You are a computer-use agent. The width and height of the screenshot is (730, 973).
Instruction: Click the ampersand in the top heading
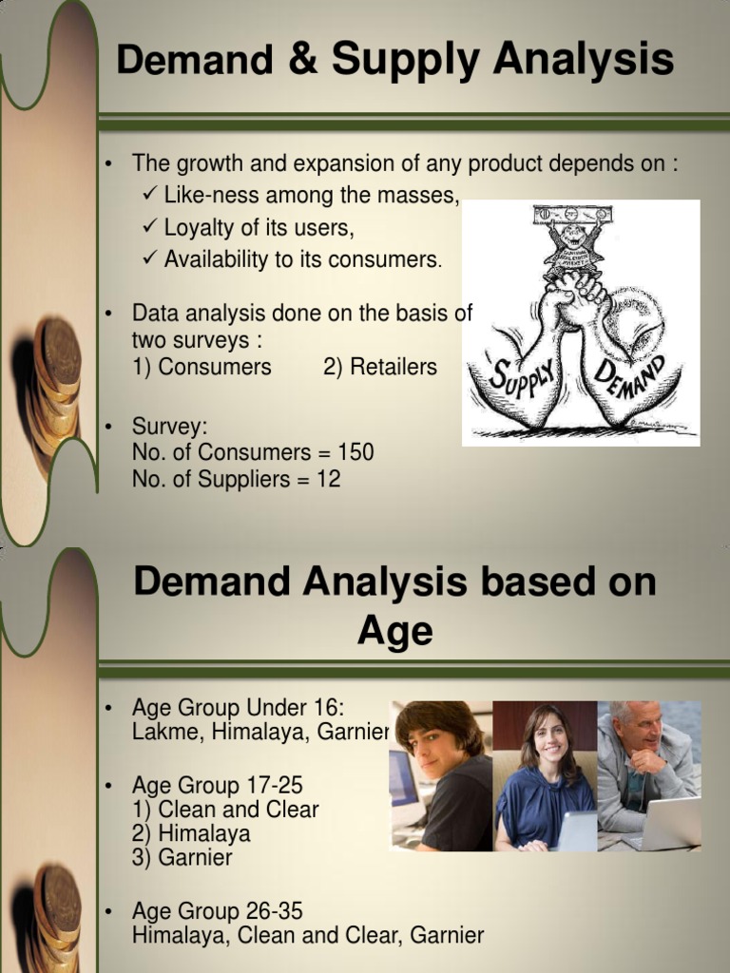(x=298, y=62)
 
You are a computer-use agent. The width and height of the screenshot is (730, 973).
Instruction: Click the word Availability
(x=217, y=259)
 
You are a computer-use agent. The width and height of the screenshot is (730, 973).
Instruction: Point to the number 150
(x=354, y=452)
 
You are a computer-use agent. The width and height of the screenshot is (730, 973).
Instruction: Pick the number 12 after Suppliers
(x=328, y=480)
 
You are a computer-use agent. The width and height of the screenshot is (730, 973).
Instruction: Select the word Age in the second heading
(x=394, y=630)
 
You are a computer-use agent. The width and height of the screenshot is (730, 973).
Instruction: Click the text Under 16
(x=295, y=708)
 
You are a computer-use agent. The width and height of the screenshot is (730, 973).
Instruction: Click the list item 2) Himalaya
(x=191, y=833)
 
